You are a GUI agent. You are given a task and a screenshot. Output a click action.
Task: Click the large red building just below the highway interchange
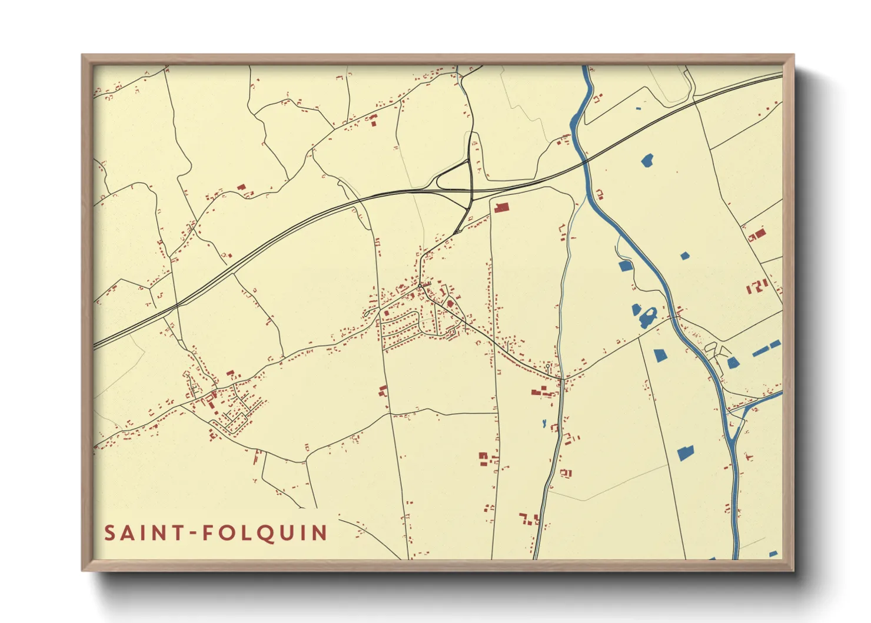(501, 207)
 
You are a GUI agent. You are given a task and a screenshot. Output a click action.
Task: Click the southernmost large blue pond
(685, 452)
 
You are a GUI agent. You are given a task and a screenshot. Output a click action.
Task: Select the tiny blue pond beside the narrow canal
(544, 423)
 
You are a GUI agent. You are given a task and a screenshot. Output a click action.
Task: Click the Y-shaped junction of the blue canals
(737, 418)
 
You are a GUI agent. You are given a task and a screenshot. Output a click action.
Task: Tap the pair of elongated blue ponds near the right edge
(766, 347)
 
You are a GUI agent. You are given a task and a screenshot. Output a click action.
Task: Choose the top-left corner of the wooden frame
(83, 56)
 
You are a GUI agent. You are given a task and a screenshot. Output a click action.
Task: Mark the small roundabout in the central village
(420, 287)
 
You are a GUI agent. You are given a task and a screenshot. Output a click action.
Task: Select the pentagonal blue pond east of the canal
(660, 356)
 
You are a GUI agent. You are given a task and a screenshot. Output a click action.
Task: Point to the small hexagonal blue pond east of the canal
(684, 256)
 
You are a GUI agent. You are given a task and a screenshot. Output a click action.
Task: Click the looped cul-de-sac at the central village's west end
(369, 313)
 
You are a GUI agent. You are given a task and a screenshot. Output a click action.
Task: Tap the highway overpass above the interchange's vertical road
(471, 190)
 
